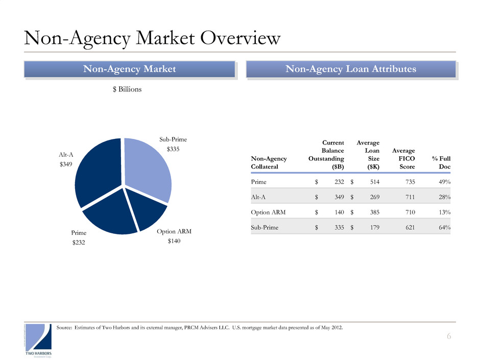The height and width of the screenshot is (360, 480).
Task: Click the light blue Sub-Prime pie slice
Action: click(x=148, y=169)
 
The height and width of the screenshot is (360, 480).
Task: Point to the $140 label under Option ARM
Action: click(x=175, y=241)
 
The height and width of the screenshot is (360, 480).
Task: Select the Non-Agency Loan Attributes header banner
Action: click(x=350, y=69)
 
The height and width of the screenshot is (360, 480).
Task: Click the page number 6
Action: click(x=449, y=335)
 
